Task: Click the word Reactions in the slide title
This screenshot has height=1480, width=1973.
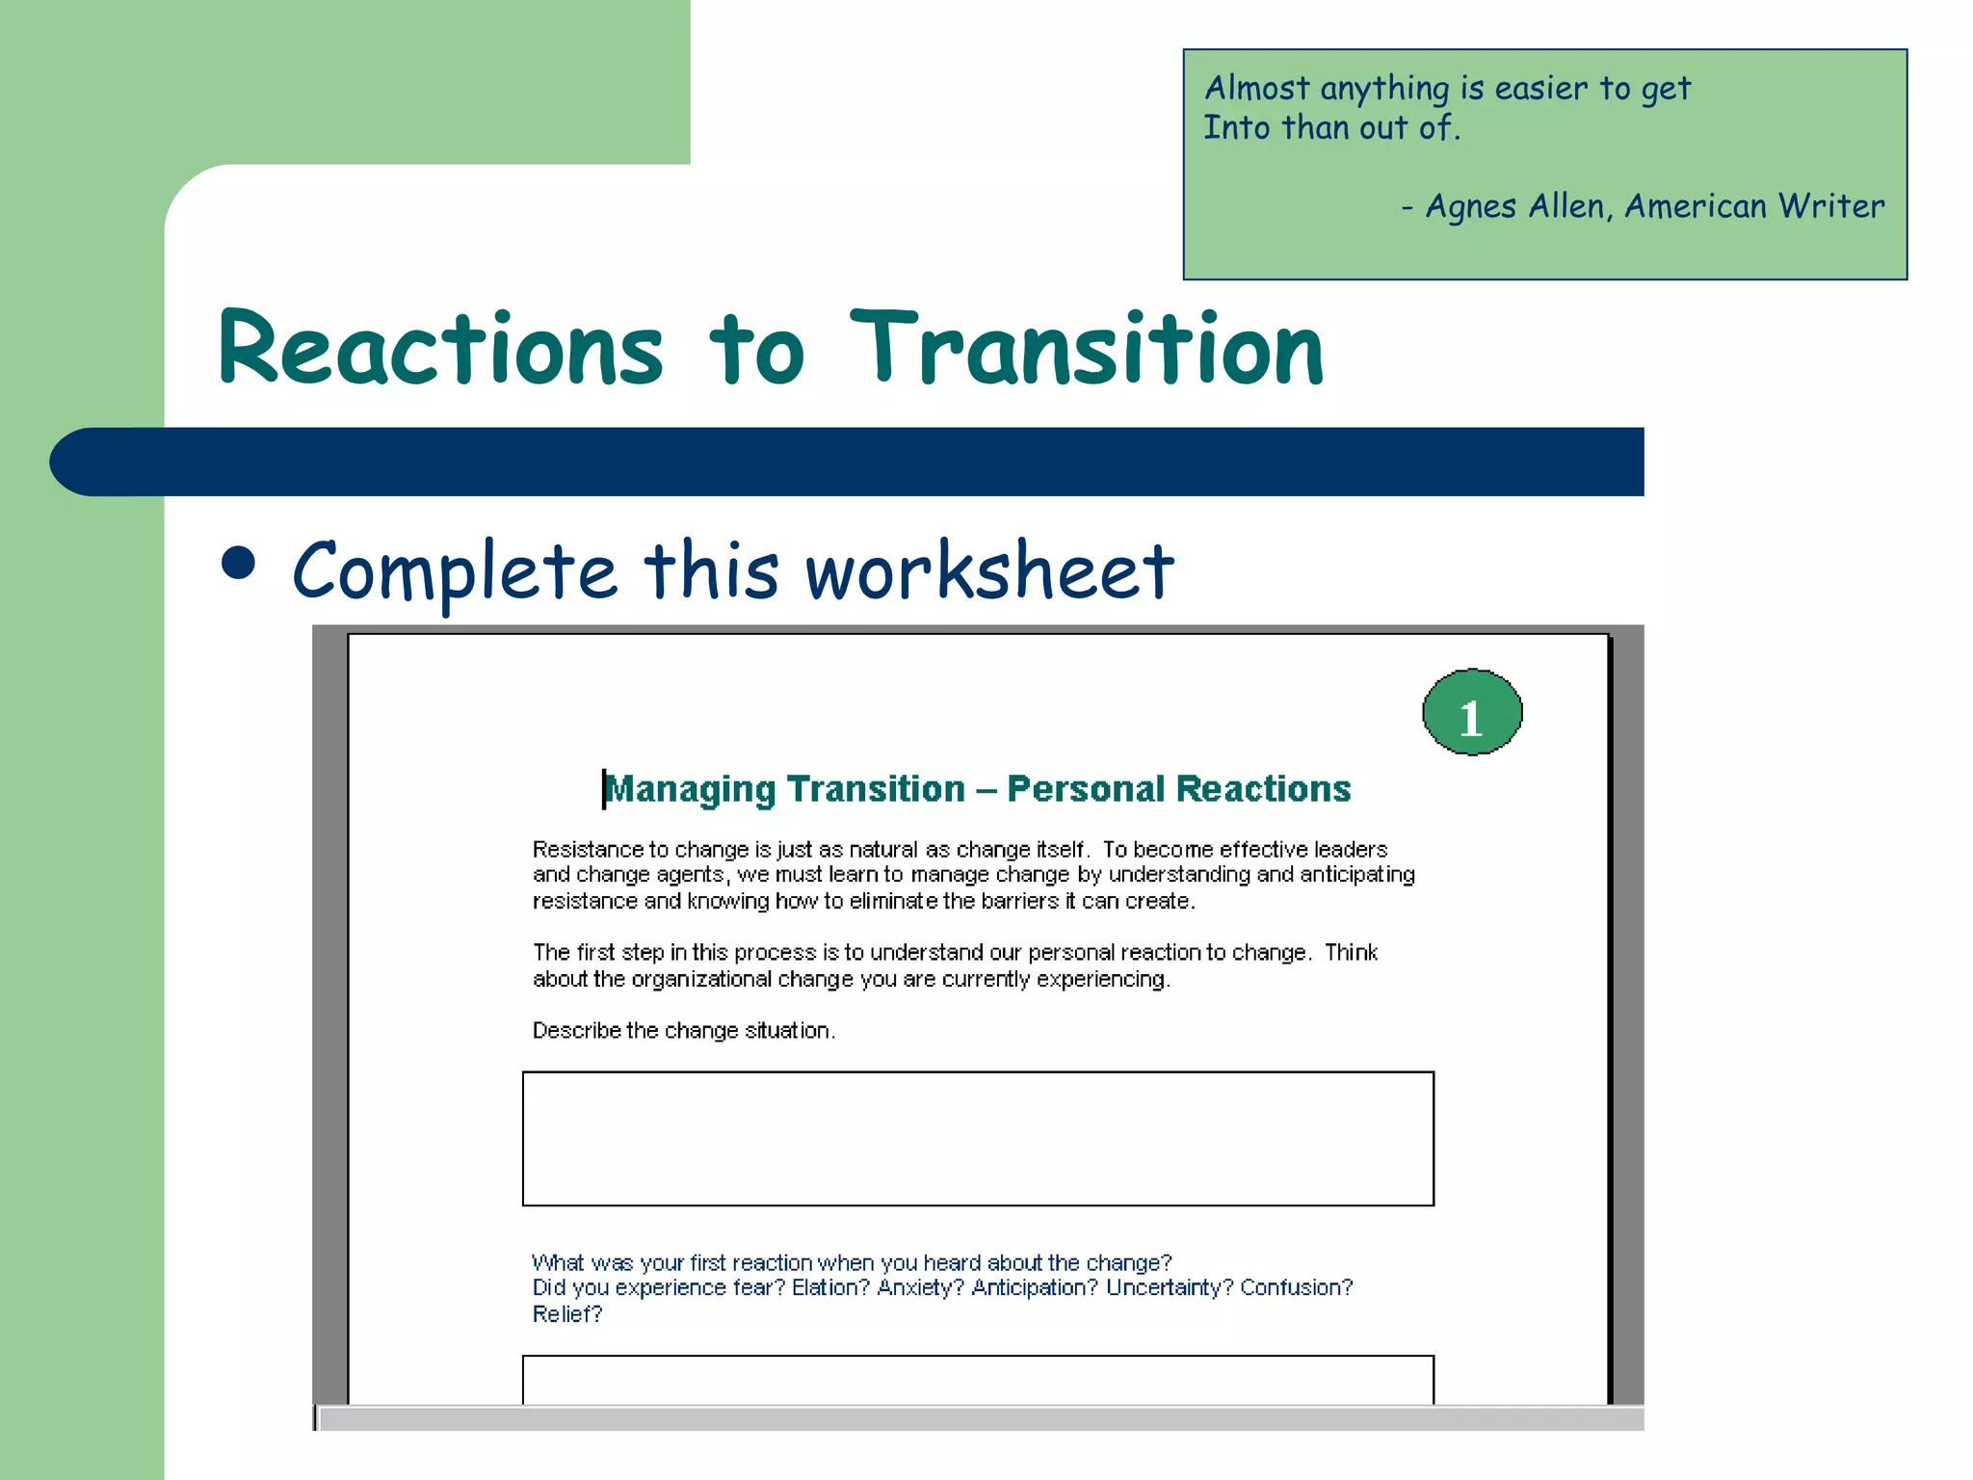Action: click(441, 349)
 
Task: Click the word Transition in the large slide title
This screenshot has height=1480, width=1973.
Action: click(1087, 349)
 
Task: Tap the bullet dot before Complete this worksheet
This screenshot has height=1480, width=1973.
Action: click(238, 564)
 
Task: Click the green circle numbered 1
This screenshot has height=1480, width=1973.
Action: click(1471, 713)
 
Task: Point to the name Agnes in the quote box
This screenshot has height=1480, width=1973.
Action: click(1471, 206)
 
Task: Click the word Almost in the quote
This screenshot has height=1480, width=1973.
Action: click(1257, 89)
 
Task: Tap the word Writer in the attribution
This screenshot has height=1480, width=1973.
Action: click(1830, 206)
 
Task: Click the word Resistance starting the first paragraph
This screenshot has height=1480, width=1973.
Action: click(587, 850)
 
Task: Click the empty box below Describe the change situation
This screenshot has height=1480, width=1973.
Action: click(977, 1138)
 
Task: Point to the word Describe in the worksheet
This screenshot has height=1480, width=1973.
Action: click(576, 1031)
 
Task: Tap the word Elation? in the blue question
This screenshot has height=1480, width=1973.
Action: click(830, 1288)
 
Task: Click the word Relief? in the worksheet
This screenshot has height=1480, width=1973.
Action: click(566, 1314)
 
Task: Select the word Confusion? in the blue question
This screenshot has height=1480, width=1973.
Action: click(1296, 1288)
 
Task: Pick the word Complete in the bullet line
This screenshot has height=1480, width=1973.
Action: click(454, 570)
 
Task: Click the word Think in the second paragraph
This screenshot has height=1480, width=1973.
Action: click(1351, 953)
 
